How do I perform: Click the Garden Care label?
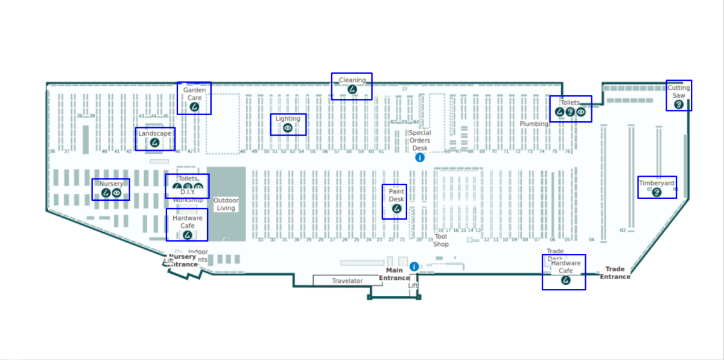pyautogui.click(x=194, y=93)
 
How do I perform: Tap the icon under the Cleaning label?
pyautogui.click(x=352, y=89)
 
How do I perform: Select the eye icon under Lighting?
pyautogui.click(x=288, y=128)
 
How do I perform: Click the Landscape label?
pyautogui.click(x=154, y=133)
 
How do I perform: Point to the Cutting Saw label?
pyautogui.click(x=679, y=92)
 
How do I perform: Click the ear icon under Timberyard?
pyautogui.click(x=658, y=192)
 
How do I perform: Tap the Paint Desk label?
pyautogui.click(x=396, y=195)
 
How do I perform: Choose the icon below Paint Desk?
pyautogui.click(x=396, y=209)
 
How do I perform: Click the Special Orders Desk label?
pyautogui.click(x=420, y=141)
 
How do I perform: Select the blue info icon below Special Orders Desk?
pyautogui.click(x=420, y=157)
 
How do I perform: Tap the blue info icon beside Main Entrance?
pyautogui.click(x=414, y=267)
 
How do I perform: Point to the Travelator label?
pyautogui.click(x=348, y=281)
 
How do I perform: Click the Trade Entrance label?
pyautogui.click(x=615, y=273)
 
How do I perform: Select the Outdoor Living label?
pyautogui.click(x=226, y=204)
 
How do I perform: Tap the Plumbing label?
pyautogui.click(x=534, y=124)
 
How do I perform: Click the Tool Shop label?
pyautogui.click(x=441, y=241)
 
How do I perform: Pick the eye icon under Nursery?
pyautogui.click(x=117, y=193)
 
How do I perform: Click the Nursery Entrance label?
pyautogui.click(x=182, y=261)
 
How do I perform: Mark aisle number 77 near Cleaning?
pyautogui.click(x=405, y=89)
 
